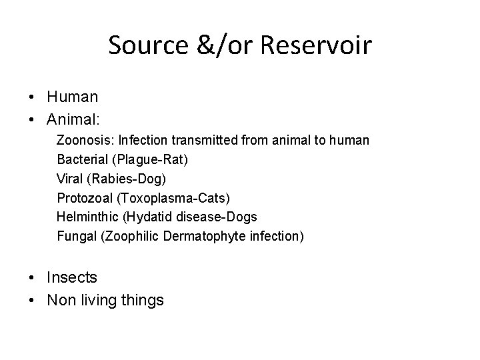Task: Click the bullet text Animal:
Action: (x=74, y=120)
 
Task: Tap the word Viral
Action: (x=70, y=179)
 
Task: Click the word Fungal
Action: (x=76, y=235)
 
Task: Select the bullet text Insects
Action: (x=72, y=277)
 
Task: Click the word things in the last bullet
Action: (x=141, y=301)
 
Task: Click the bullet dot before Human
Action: (x=32, y=97)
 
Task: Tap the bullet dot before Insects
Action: (x=32, y=277)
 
